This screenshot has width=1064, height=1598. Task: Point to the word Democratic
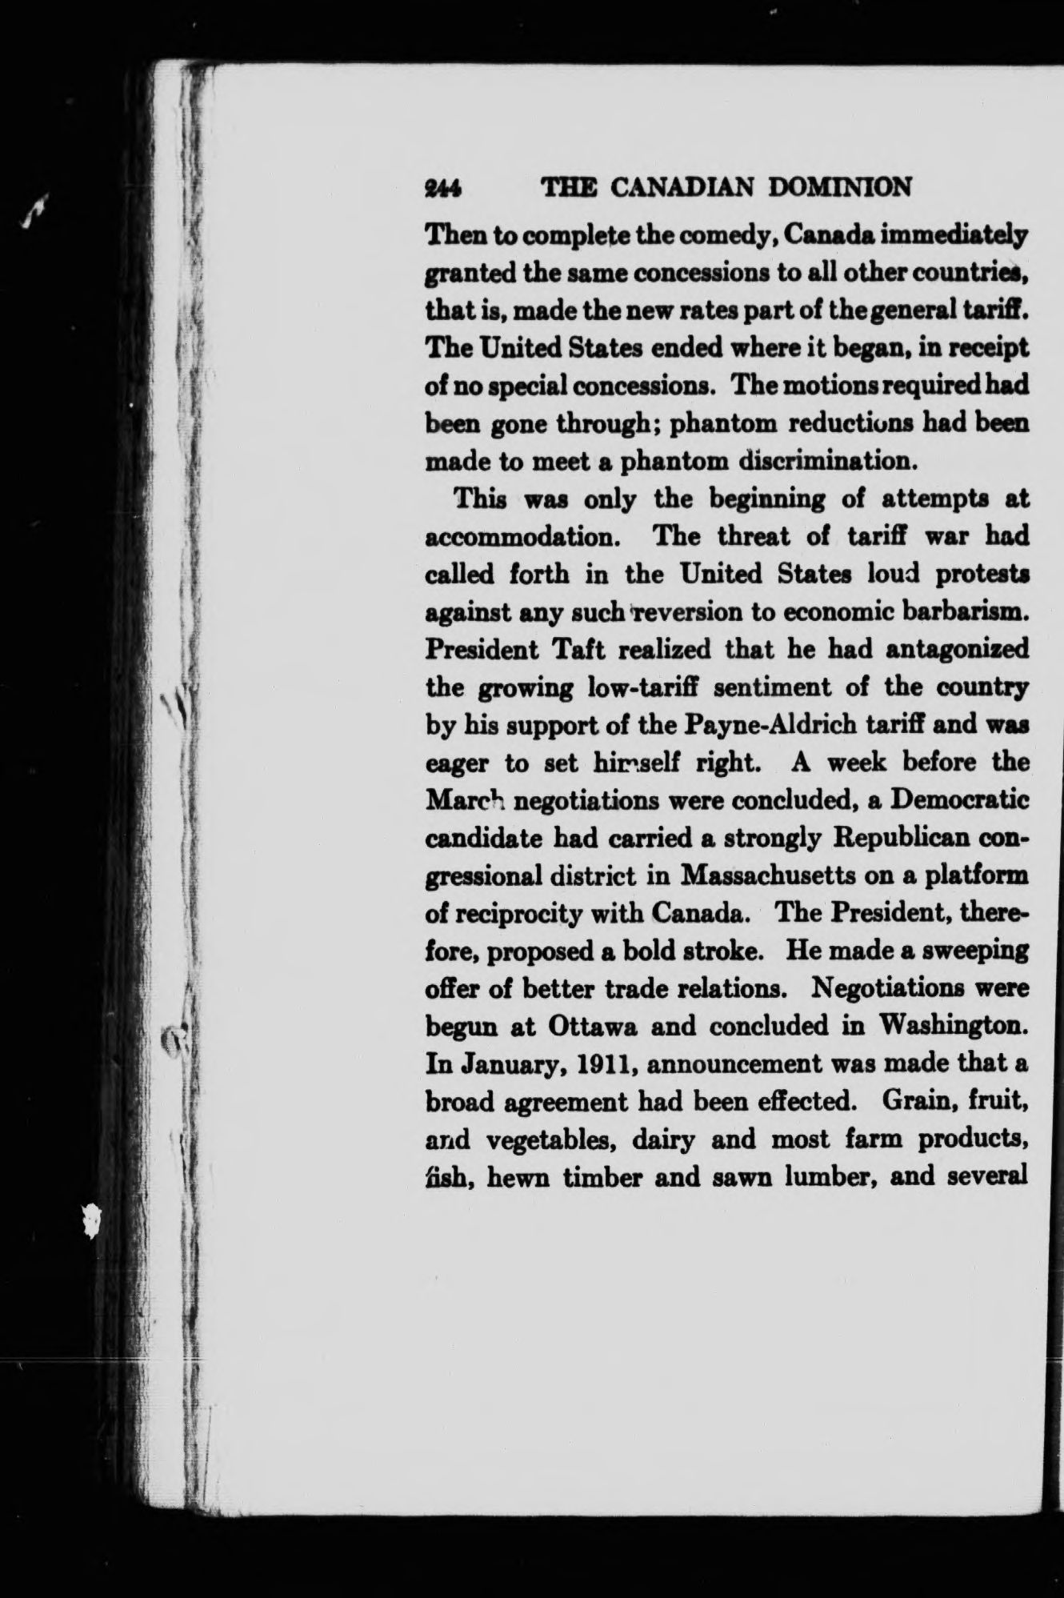[960, 800]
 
